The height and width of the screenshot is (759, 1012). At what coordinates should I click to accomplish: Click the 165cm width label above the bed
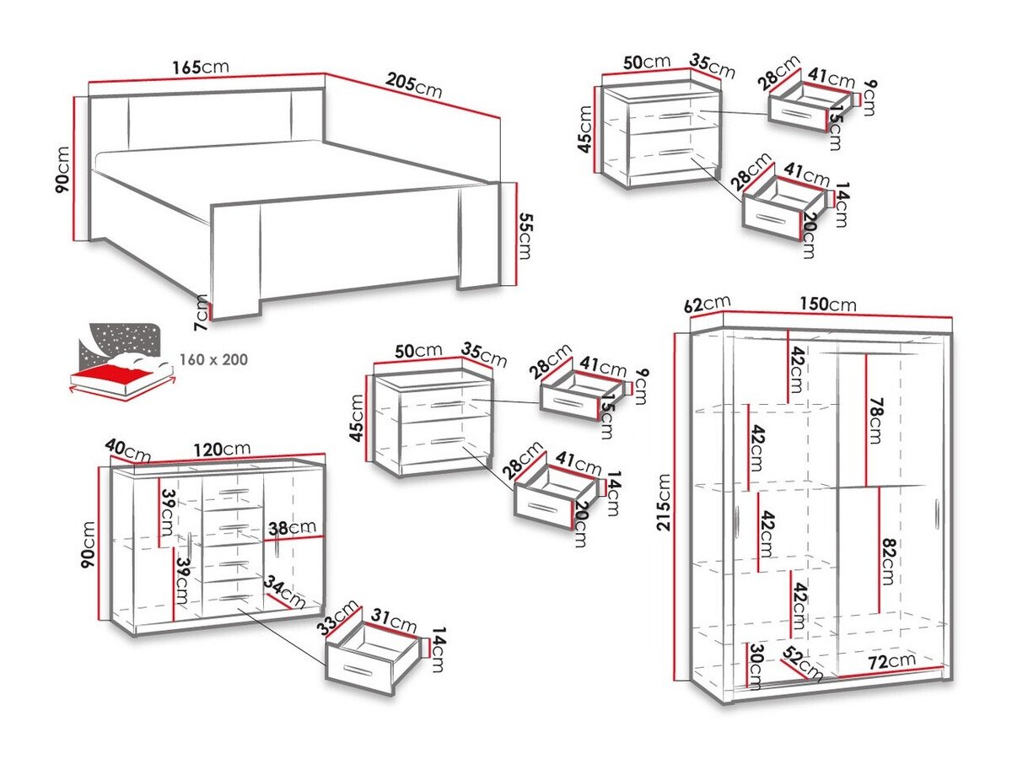(200, 67)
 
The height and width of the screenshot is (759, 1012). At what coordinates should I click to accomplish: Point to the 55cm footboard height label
(525, 236)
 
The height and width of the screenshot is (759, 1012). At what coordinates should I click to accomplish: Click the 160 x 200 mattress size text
(213, 359)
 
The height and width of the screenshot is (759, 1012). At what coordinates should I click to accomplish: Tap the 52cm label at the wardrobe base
(803, 664)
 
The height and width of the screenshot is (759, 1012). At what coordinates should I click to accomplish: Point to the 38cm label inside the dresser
(289, 529)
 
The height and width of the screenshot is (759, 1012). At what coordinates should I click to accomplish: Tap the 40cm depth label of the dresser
(126, 451)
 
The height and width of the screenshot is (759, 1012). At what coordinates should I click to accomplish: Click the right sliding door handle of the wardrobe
(936, 514)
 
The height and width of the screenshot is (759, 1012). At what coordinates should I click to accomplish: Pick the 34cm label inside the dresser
(283, 591)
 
